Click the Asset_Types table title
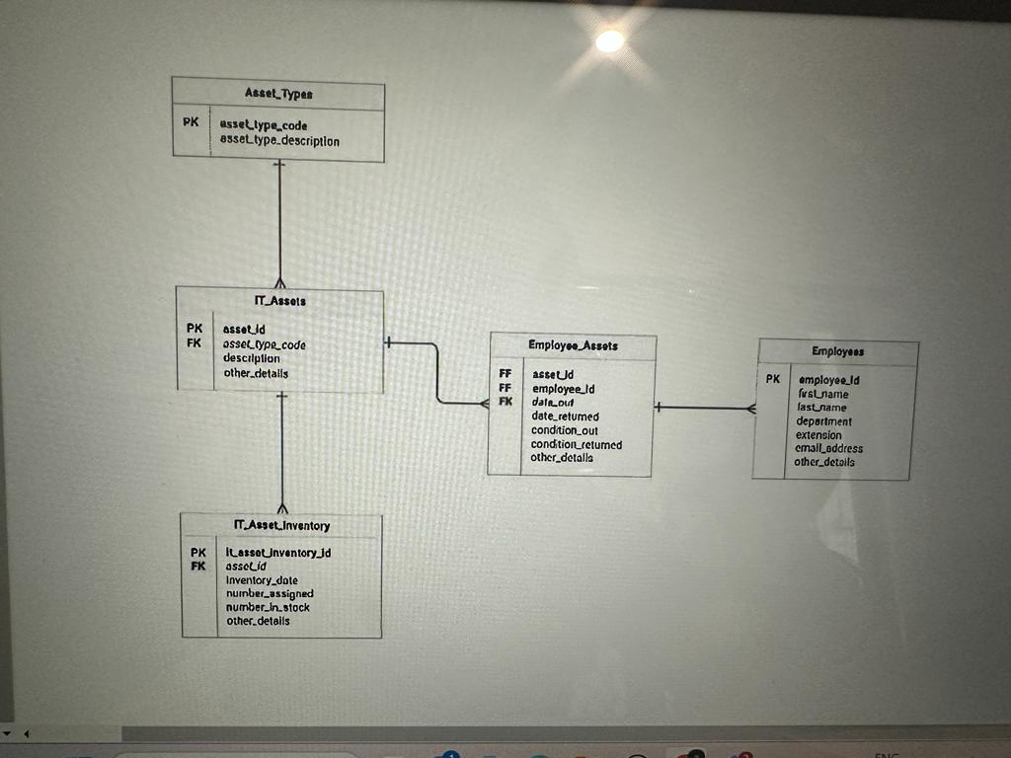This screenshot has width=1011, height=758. click(278, 94)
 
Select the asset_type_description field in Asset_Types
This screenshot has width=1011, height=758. click(279, 141)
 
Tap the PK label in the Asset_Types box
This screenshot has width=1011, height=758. click(191, 123)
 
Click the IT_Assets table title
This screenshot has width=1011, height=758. click(279, 301)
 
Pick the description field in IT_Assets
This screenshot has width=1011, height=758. click(252, 358)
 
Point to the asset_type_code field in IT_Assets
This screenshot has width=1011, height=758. click(265, 344)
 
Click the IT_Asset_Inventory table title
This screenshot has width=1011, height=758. click(281, 526)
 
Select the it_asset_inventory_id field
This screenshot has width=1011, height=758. click(278, 553)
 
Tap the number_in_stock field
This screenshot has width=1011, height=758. click(268, 607)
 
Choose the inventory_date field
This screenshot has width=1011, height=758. click(262, 580)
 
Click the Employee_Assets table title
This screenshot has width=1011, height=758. click(573, 345)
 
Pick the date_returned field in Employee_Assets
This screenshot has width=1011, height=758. click(565, 417)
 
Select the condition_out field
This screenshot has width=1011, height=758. click(565, 430)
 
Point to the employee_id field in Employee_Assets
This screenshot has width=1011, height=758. click(563, 389)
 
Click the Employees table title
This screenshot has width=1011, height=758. click(837, 351)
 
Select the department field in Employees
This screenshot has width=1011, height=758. click(823, 421)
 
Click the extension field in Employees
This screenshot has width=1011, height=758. click(818, 435)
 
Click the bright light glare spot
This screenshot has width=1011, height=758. click(609, 40)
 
